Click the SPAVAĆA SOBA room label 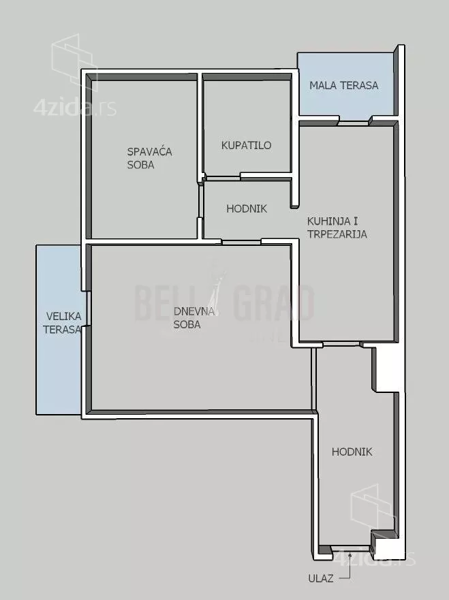pyautogui.click(x=149, y=158)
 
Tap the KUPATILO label pyautogui.click(x=246, y=146)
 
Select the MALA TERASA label pyautogui.click(x=344, y=85)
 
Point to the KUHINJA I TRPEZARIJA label pyautogui.click(x=337, y=227)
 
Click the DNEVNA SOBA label pyautogui.click(x=193, y=318)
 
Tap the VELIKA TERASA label pyautogui.click(x=63, y=323)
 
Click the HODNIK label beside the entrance pyautogui.click(x=352, y=452)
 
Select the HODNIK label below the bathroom pyautogui.click(x=247, y=208)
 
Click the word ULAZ pyautogui.click(x=321, y=578)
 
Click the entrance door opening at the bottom pyautogui.click(x=352, y=551)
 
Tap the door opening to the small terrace pyautogui.click(x=354, y=123)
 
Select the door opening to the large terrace pyautogui.click(x=88, y=309)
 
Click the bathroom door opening pyautogui.click(x=223, y=178)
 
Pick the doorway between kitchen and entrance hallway pyautogui.click(x=343, y=345)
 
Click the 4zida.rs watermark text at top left pyautogui.click(x=75, y=108)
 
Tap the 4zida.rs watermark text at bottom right pyautogui.click(x=375, y=558)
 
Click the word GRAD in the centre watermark pyautogui.click(x=274, y=303)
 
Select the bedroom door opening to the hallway pyautogui.click(x=200, y=202)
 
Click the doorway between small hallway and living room pyautogui.click(x=242, y=242)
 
